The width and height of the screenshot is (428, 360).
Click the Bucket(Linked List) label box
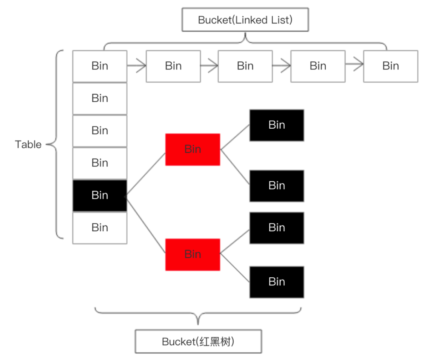pos(245,20)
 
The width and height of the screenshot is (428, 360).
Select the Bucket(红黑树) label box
pos(198,341)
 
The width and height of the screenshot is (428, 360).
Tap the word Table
pos(28,144)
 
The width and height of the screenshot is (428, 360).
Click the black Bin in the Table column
pos(100,195)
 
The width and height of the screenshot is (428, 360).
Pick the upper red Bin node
pos(193,149)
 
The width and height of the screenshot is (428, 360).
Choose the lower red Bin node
pos(193,254)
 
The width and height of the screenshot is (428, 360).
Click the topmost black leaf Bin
pos(277,125)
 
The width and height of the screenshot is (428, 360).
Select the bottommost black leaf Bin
pos(277,282)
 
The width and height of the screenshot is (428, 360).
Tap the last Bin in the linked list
pos(391,66)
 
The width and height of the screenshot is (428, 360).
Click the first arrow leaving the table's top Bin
pos(137,66)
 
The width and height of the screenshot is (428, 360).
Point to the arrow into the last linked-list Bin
pos(354,64)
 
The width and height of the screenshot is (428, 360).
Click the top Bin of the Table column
pos(100,66)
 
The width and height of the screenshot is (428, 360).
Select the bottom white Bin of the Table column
pos(100,228)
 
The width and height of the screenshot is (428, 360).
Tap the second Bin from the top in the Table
pos(100,98)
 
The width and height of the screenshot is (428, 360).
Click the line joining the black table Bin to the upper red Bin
pos(146,175)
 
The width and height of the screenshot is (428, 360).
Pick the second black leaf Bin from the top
pos(277,186)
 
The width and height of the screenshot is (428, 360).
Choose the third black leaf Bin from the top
pos(277,228)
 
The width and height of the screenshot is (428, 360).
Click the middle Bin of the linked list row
pos(245,66)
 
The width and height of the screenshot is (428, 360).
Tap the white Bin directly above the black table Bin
pos(100,163)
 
